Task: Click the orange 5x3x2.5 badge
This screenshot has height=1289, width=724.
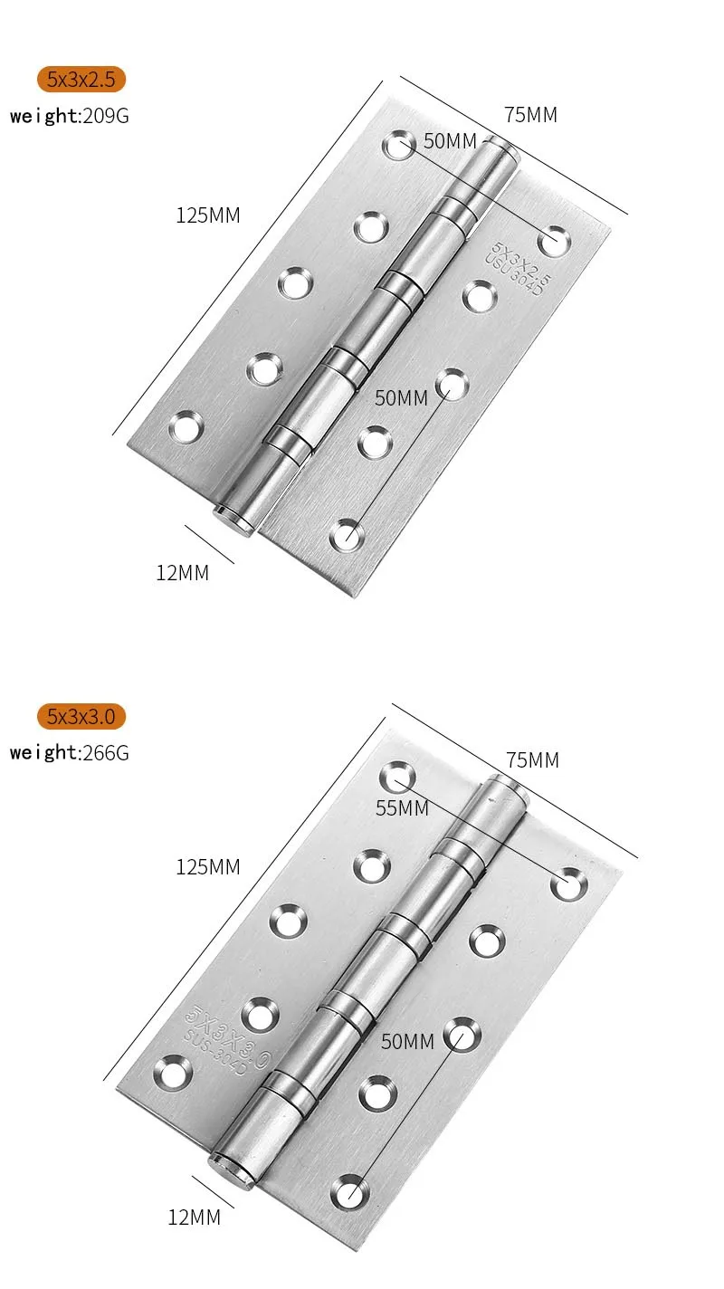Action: [81, 80]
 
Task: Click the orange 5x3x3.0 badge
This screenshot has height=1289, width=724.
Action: [81, 717]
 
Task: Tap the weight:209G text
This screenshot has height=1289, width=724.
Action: [70, 116]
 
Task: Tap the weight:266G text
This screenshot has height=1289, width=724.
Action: [70, 752]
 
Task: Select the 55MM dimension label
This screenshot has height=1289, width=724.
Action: [402, 808]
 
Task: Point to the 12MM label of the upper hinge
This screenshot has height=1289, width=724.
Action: [182, 573]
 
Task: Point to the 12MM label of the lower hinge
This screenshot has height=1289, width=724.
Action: [194, 1217]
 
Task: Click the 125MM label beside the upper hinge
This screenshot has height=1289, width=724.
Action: [208, 215]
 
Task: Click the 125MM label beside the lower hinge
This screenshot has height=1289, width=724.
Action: [208, 866]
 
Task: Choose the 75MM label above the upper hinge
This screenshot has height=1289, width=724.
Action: [530, 115]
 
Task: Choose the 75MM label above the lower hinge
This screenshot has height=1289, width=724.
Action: [532, 760]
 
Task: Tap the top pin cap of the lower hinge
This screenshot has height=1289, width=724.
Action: [506, 784]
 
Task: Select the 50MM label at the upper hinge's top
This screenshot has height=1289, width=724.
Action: [450, 141]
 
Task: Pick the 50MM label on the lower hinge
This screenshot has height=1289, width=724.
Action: [407, 1042]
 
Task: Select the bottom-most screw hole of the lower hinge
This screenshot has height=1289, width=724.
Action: [348, 1191]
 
